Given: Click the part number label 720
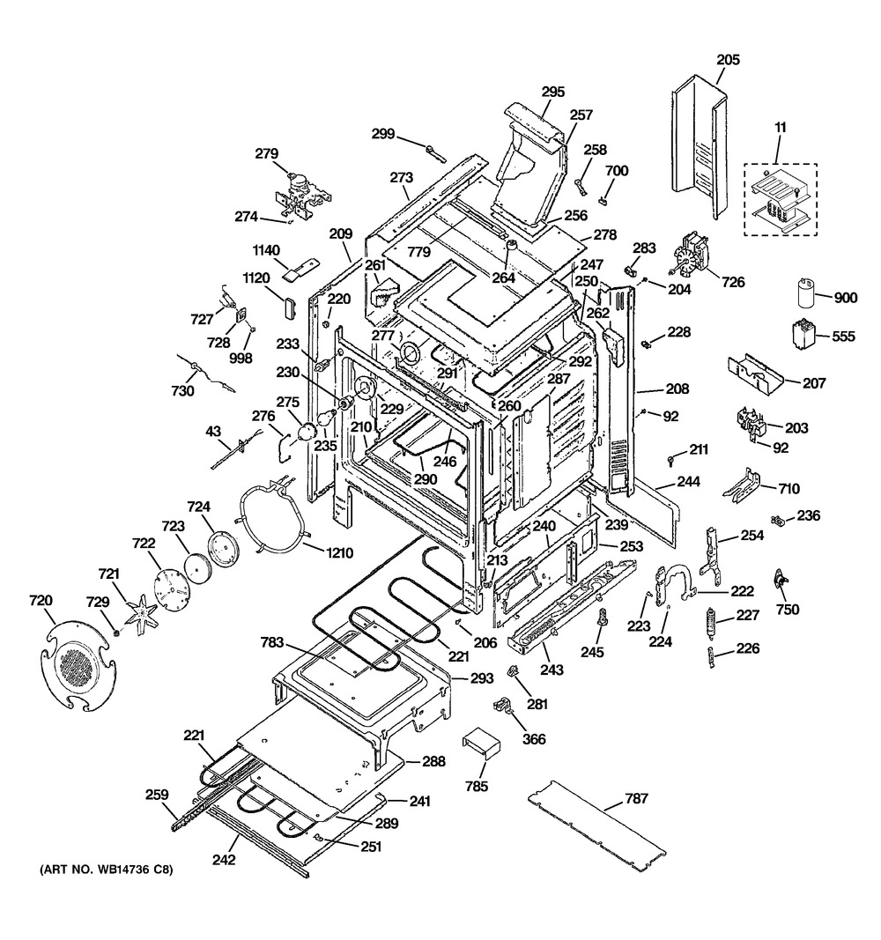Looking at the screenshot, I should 41,601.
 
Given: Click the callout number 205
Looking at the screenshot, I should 728,60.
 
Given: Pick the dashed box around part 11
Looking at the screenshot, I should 780,199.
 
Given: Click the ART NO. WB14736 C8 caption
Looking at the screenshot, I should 106,871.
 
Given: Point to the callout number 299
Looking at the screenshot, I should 382,133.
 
